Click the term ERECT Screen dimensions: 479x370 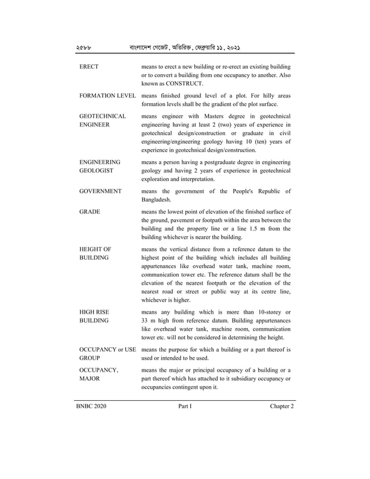click(89, 67)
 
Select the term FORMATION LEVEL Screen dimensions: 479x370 click(107, 96)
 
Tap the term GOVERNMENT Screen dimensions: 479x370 click(100, 191)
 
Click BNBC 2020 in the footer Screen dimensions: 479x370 click(91, 407)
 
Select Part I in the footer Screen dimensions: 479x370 click(185, 407)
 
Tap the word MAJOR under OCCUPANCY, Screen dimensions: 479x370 click(90, 379)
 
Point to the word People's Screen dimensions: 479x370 click(237, 191)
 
